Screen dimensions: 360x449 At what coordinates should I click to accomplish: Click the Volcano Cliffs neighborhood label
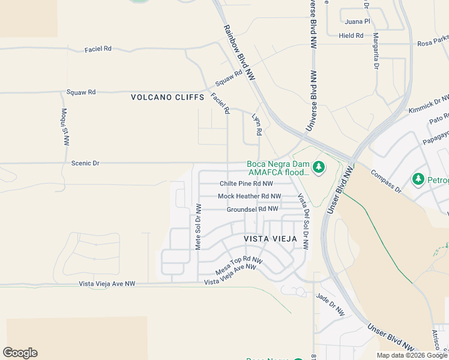pyautogui.click(x=167, y=97)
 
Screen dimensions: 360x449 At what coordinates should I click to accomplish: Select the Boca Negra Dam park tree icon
pyautogui.click(x=319, y=166)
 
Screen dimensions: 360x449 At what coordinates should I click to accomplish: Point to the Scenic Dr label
pyautogui.click(x=85, y=163)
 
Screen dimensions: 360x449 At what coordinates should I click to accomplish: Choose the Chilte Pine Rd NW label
pyautogui.click(x=246, y=184)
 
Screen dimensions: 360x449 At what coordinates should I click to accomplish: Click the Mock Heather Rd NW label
pyautogui.click(x=249, y=196)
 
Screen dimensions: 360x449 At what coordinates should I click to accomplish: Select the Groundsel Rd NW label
pyautogui.click(x=252, y=209)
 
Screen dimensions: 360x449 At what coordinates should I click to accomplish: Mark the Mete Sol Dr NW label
pyautogui.click(x=198, y=226)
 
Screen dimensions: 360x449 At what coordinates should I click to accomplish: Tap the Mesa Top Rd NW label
pyautogui.click(x=239, y=265)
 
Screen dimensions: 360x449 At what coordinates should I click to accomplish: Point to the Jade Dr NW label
pyautogui.click(x=331, y=304)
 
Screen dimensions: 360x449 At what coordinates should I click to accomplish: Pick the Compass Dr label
pyautogui.click(x=385, y=181)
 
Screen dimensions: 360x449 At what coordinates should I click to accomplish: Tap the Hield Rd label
pyautogui.click(x=351, y=35)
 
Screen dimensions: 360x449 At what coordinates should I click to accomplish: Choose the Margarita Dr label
pyautogui.click(x=376, y=50)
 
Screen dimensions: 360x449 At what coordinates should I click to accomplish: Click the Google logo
pyautogui.click(x=20, y=353)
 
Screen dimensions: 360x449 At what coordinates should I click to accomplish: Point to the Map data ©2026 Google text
pyautogui.click(x=411, y=355)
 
